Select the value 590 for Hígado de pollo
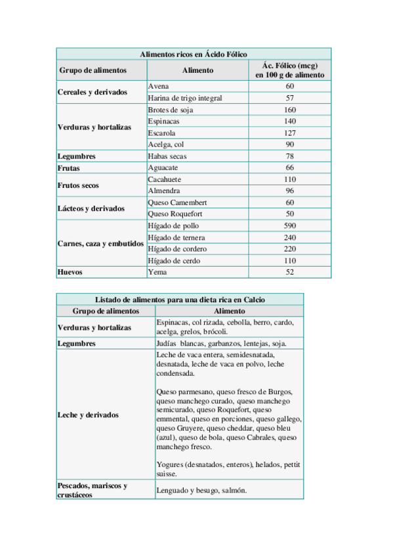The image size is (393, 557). click(289, 226)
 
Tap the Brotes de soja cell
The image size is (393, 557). click(171, 110)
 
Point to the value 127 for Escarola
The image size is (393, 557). click(289, 133)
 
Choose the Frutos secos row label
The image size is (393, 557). click(78, 185)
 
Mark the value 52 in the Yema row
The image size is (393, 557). click(289, 272)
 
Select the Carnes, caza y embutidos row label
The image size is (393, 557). click(100, 243)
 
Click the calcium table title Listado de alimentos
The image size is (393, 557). click(180, 299)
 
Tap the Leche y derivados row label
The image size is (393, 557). click(88, 415)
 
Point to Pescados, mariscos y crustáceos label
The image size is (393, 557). click(92, 490)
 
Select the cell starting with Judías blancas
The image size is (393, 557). click(221, 344)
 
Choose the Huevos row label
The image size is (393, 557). click(70, 272)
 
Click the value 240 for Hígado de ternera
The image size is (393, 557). click(289, 237)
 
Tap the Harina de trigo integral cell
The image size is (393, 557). click(185, 98)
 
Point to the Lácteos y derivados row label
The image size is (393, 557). click(91, 208)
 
